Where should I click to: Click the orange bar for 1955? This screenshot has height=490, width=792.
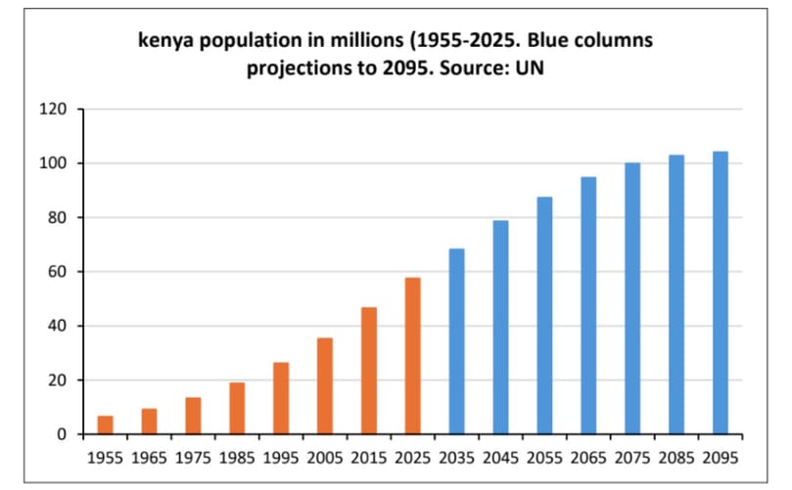[x=106, y=424]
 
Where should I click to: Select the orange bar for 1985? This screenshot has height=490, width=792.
[x=237, y=408]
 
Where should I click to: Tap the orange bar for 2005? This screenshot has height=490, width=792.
[x=325, y=385]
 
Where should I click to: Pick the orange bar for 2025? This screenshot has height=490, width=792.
[x=413, y=356]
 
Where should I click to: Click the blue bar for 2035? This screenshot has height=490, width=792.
[x=456, y=341]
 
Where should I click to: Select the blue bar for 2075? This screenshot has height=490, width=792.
[x=632, y=298]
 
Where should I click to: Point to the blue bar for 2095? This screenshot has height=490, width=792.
[x=721, y=292]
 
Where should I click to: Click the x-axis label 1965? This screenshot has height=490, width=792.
[x=149, y=457]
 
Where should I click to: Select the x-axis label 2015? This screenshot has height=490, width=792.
[x=368, y=457]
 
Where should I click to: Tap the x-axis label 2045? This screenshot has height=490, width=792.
[x=500, y=457]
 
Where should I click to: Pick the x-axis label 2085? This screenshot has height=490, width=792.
[x=676, y=457]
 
